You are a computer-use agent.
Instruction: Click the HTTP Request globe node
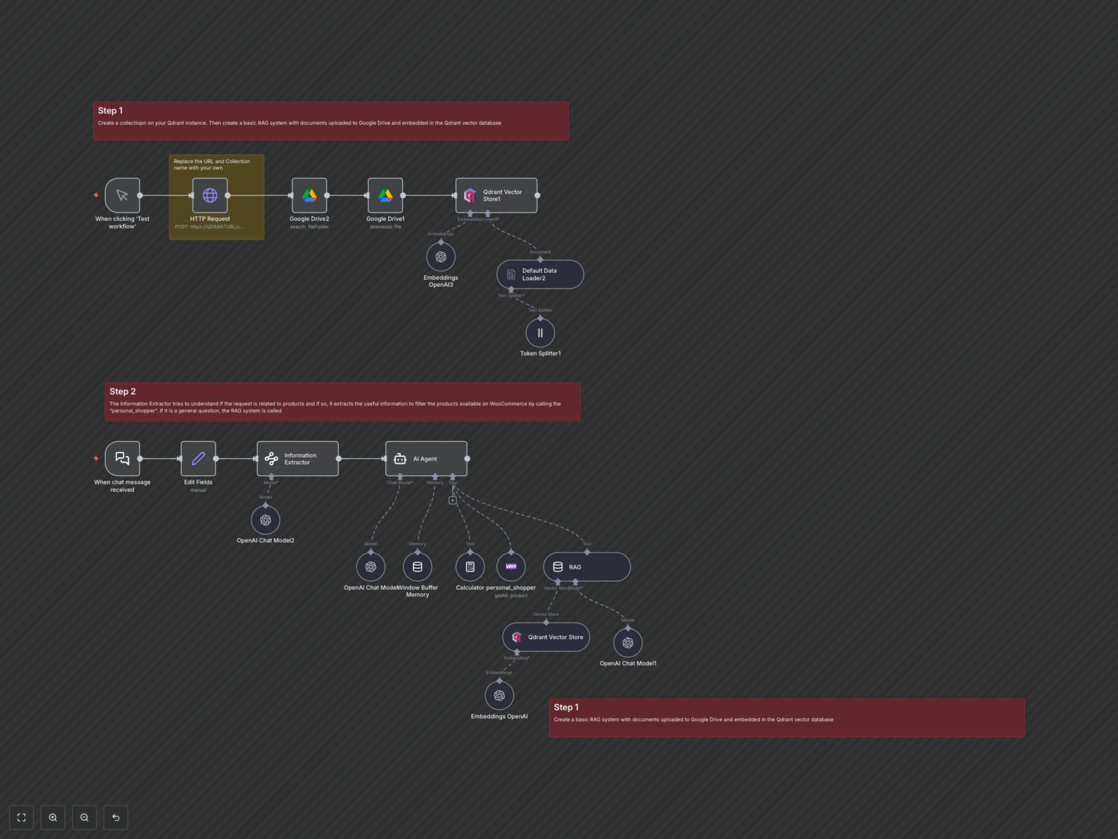point(210,195)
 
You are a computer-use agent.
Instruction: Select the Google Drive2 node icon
point(309,195)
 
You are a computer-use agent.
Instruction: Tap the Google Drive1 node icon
point(385,195)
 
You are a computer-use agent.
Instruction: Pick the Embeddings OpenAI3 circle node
point(441,257)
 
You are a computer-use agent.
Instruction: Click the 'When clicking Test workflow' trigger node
point(122,195)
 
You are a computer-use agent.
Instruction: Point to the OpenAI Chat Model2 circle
point(265,520)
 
